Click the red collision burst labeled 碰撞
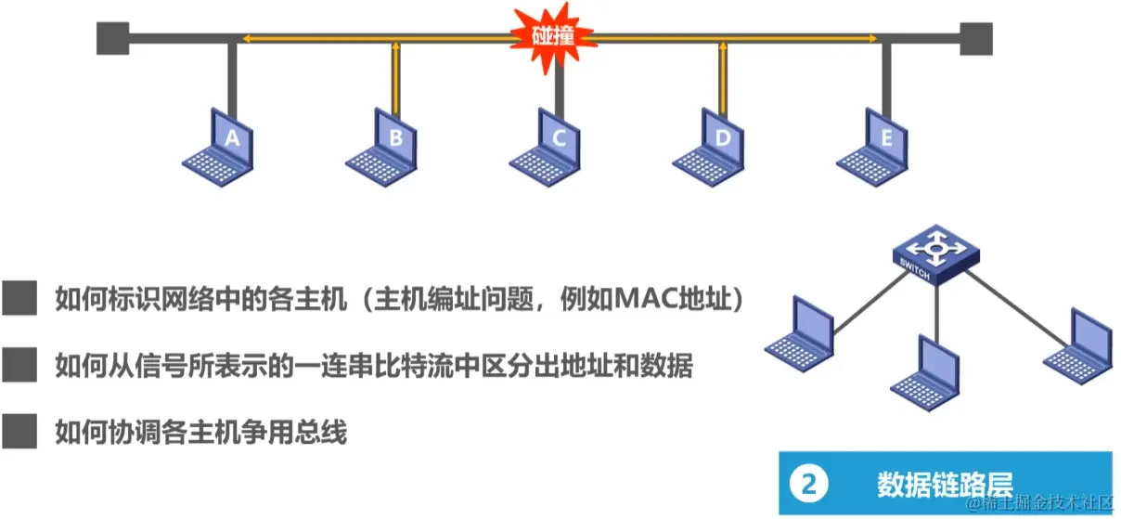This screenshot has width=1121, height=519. (553, 38)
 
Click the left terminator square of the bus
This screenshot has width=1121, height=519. (111, 39)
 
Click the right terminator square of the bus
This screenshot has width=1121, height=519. (976, 39)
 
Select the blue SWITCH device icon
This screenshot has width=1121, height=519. (936, 255)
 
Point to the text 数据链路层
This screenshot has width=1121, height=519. (944, 483)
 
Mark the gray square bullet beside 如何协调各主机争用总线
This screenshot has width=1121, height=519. (19, 432)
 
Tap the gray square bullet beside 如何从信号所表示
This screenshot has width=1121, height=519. (19, 366)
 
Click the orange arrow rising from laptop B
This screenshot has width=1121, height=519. (396, 74)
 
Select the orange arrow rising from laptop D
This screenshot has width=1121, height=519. (723, 74)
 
